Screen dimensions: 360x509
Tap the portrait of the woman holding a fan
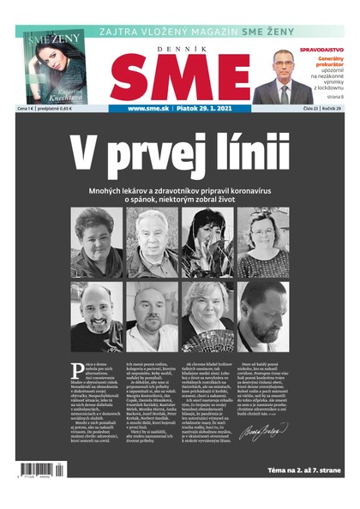[x=207, y=315]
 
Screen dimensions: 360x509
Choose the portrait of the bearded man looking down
[x=263, y=315]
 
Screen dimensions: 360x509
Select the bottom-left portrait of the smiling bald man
[x=96, y=315]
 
